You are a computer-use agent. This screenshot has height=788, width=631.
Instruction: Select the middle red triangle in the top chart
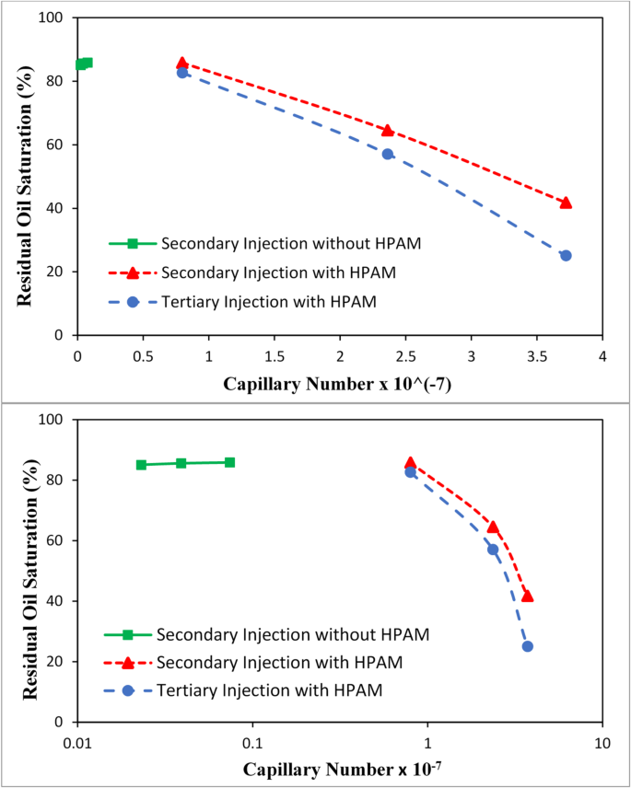pyautogui.click(x=387, y=131)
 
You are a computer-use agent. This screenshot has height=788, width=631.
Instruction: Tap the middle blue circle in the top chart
pyautogui.click(x=388, y=154)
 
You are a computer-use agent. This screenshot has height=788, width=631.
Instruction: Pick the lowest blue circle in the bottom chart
pyautogui.click(x=528, y=646)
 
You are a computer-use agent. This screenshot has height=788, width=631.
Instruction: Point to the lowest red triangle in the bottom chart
pyautogui.click(x=527, y=596)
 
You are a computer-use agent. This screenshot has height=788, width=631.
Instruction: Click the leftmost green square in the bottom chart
pyautogui.click(x=141, y=465)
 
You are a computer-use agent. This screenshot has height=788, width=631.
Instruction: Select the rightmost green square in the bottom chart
pyautogui.click(x=229, y=462)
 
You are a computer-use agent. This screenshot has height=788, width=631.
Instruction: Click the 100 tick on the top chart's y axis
pyautogui.click(x=57, y=17)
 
